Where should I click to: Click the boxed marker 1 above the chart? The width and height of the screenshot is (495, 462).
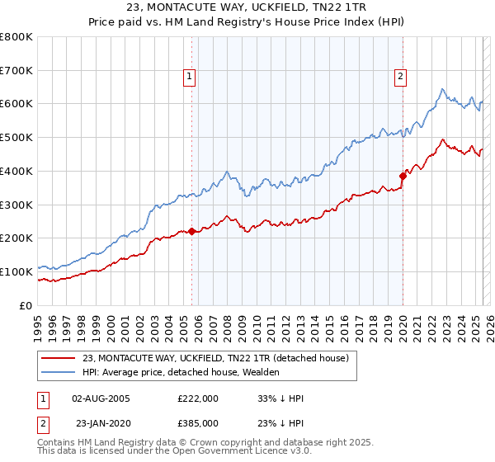click(x=189, y=77)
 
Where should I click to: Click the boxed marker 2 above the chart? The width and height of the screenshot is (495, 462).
click(x=400, y=77)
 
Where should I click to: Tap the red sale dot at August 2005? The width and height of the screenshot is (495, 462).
click(x=191, y=231)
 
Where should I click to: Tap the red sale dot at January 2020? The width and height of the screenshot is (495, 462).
click(x=403, y=176)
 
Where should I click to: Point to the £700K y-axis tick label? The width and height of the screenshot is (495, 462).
click(x=17, y=71)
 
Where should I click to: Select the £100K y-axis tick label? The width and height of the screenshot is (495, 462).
click(x=17, y=271)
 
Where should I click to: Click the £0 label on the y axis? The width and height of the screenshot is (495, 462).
click(x=25, y=305)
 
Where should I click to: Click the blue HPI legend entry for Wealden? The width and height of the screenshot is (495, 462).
click(x=181, y=373)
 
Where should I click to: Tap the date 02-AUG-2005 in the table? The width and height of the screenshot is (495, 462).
click(x=101, y=398)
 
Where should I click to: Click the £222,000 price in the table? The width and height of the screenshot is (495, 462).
click(x=198, y=398)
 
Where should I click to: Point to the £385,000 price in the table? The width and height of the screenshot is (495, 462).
click(x=198, y=422)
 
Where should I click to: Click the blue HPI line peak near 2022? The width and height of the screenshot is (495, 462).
click(x=443, y=89)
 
